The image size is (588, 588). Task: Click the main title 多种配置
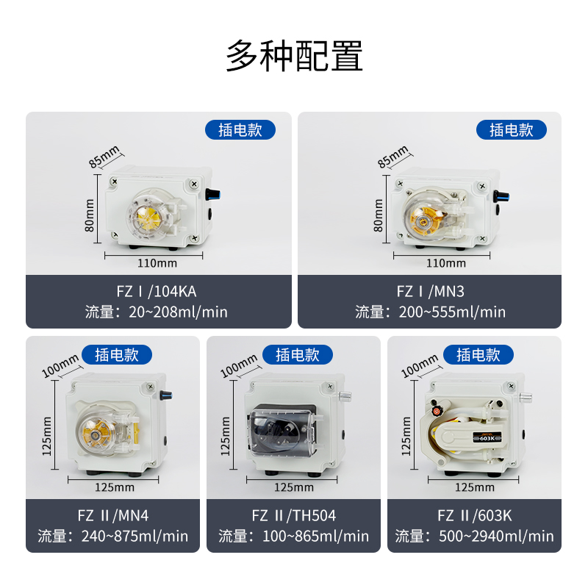[x=294, y=56]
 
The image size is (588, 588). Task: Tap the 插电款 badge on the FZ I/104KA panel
[x=240, y=130]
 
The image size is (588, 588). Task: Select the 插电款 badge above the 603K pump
[x=478, y=354]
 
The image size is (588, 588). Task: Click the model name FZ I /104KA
[x=157, y=291]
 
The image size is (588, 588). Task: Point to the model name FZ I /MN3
[x=430, y=291]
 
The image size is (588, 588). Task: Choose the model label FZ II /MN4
[x=113, y=516]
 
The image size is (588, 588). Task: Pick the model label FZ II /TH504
[x=293, y=516]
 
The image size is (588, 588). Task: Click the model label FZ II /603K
[x=474, y=516]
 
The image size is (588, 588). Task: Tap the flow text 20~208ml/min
[x=178, y=312]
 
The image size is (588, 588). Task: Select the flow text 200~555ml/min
[x=452, y=312]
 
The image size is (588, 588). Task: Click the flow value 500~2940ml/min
[x=496, y=537]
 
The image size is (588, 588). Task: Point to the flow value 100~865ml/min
[x=315, y=537]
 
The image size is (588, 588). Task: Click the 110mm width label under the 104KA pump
[x=157, y=263]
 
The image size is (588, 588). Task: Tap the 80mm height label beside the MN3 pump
[x=378, y=215]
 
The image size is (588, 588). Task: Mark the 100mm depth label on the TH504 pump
[x=238, y=365]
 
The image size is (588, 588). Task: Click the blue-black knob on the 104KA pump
[x=213, y=194]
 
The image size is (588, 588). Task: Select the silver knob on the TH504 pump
[x=345, y=396]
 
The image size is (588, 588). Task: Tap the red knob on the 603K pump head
[x=436, y=411]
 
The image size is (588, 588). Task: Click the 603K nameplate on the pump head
[x=487, y=438]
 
